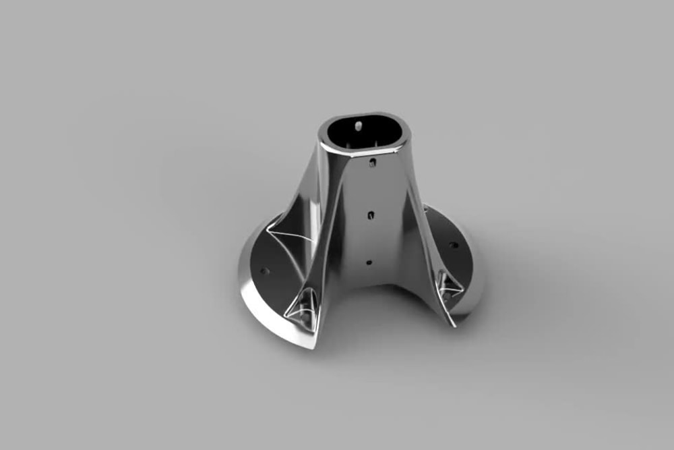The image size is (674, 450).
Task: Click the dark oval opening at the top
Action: (364, 132)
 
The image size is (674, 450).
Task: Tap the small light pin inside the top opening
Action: (358, 124)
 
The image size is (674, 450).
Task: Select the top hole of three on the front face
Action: (372, 162)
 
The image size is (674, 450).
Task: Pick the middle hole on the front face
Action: (371, 215)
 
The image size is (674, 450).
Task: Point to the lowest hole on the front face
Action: (369, 260)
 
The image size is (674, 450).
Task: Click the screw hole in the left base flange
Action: (264, 271)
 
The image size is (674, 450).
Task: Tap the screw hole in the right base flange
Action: (453, 245)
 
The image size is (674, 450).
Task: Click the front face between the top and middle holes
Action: (371, 189)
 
